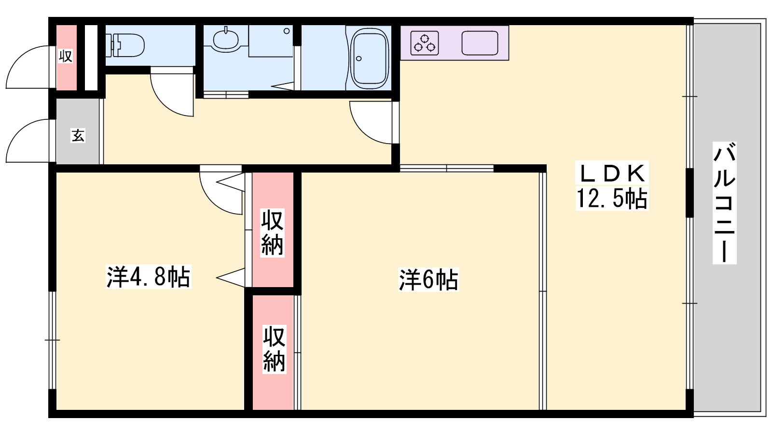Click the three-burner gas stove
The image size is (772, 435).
click(x=425, y=43)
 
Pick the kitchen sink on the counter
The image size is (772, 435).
click(x=480, y=43)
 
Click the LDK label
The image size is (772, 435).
click(x=612, y=173)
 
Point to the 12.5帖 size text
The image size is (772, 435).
click(x=612, y=199)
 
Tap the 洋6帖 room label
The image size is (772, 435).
click(x=428, y=280)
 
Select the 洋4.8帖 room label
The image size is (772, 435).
click(x=148, y=276)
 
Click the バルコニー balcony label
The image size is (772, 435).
click(x=724, y=203)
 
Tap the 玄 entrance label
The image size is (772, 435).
click(x=78, y=135)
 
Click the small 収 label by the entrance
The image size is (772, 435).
click(x=66, y=56)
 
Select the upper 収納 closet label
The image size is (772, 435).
click(x=272, y=232)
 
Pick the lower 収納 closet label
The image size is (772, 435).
click(x=275, y=348)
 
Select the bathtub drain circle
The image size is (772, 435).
click(x=359, y=58)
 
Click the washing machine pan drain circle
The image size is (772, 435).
click(x=287, y=31)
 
